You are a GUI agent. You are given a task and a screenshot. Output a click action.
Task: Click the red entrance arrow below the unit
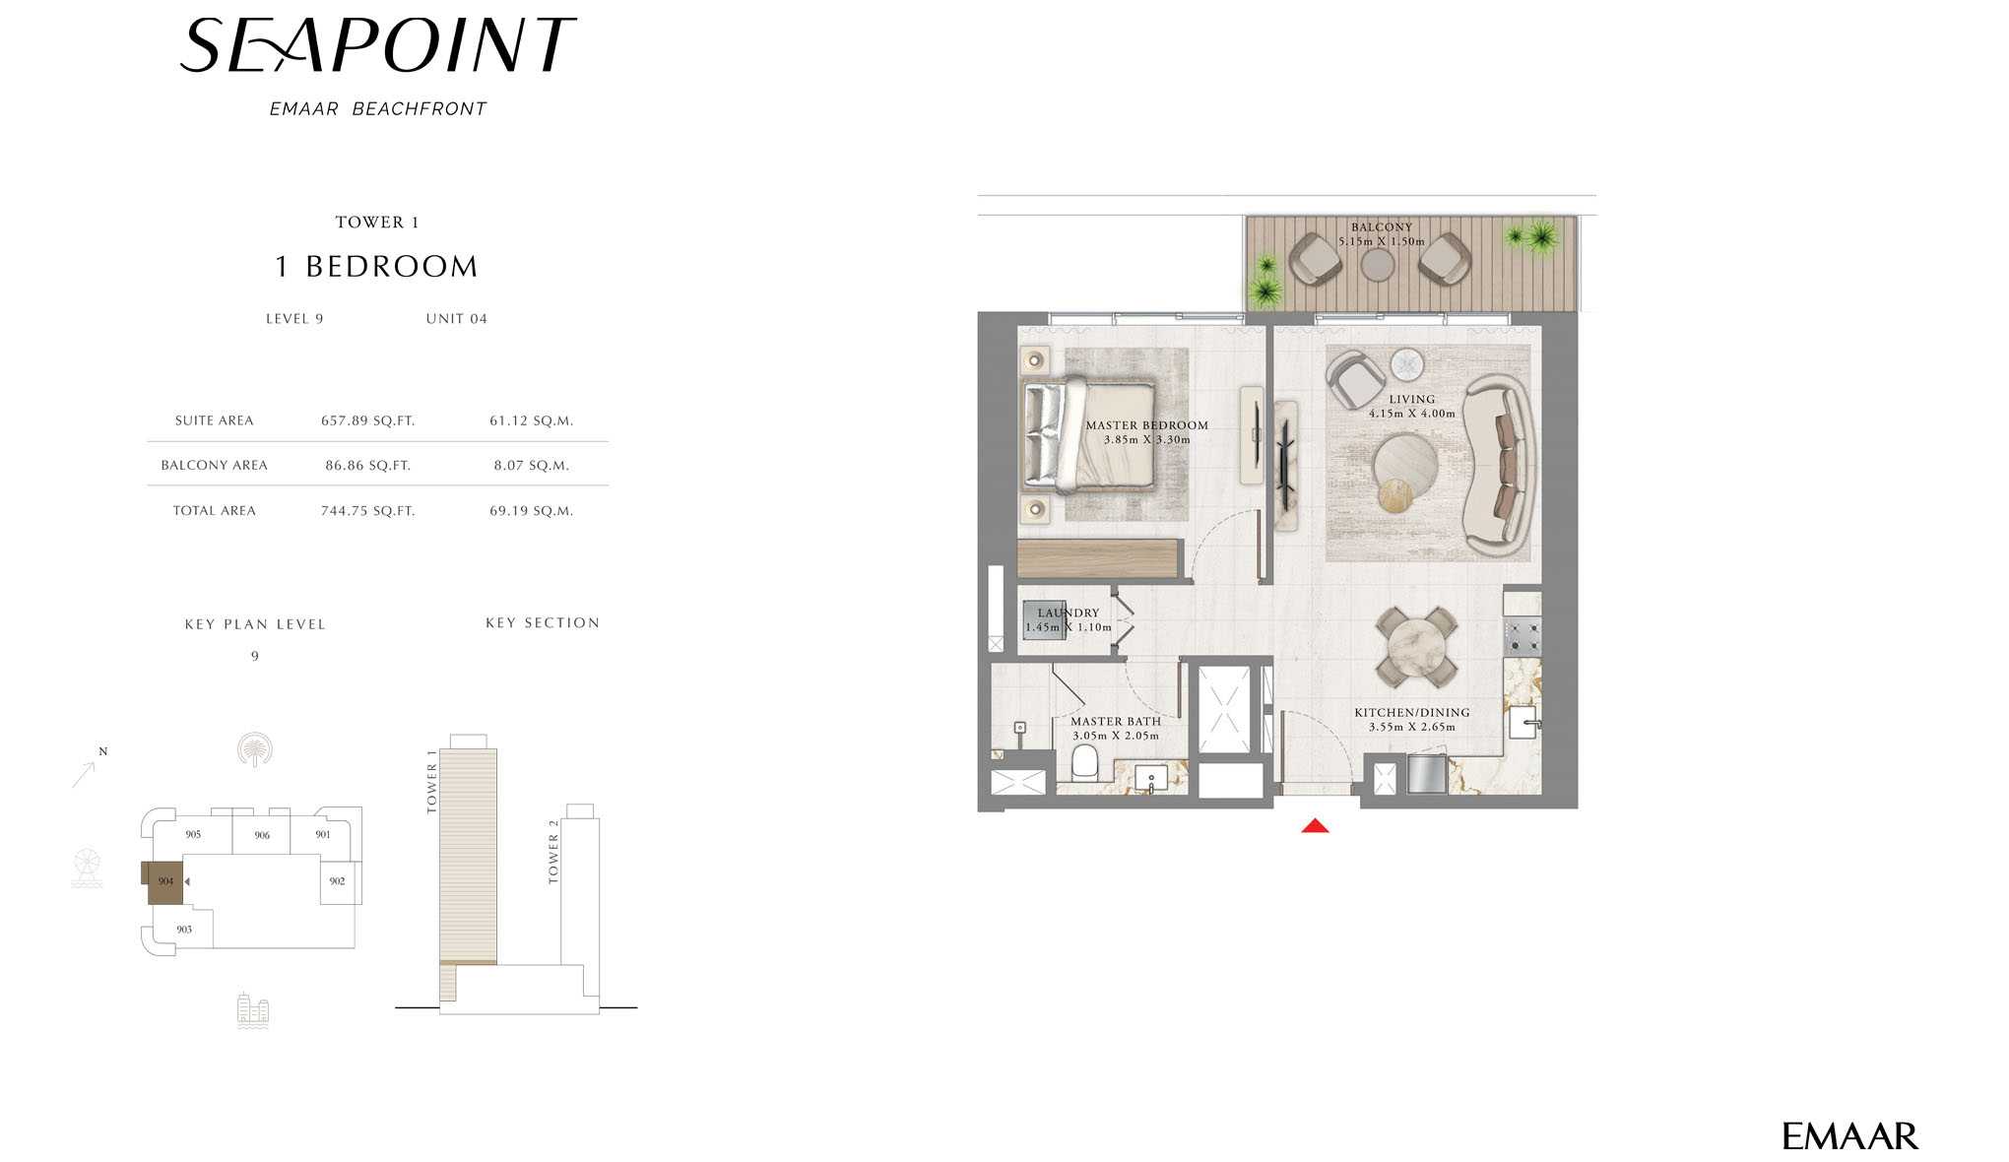tap(1315, 825)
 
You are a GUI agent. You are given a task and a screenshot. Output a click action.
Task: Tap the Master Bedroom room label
tap(1146, 425)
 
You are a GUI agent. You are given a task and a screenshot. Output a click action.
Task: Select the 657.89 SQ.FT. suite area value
tap(367, 420)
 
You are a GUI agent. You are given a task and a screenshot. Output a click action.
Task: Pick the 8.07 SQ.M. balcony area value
tap(532, 466)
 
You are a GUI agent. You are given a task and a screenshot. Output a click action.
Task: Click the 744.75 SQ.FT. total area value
tap(367, 511)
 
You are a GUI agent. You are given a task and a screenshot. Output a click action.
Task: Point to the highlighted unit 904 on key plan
tap(164, 882)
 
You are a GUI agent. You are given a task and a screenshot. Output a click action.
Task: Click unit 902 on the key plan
tap(338, 881)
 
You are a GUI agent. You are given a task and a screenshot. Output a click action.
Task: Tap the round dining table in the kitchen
tap(1416, 648)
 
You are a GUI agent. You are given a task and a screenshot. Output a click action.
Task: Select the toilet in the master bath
tap(1084, 762)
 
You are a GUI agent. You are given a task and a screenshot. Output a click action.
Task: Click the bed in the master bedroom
tap(1088, 435)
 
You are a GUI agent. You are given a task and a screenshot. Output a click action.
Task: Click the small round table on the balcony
tap(1377, 264)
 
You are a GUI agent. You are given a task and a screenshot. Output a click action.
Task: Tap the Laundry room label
tap(1069, 613)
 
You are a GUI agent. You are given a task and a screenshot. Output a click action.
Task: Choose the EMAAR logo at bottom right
tap(1849, 1136)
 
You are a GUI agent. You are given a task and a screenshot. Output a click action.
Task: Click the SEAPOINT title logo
tap(377, 46)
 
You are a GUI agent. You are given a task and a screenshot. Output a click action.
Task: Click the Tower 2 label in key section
tap(553, 851)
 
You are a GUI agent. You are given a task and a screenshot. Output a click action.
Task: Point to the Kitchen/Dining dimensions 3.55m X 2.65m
tap(1412, 728)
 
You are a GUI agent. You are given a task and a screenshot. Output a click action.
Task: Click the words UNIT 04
tap(457, 319)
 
